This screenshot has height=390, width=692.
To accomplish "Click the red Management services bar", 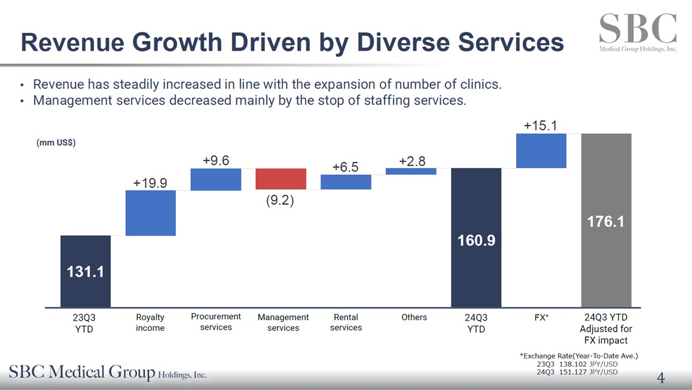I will (281, 179).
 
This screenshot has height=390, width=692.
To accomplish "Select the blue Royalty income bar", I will (150, 213).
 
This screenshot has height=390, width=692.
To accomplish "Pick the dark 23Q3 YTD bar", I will (86, 271).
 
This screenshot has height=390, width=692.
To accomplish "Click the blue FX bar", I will (541, 151).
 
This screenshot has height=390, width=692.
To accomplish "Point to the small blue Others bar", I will (411, 171).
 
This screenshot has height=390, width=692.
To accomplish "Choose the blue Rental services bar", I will (346, 182).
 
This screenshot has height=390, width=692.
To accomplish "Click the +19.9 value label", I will (150, 183).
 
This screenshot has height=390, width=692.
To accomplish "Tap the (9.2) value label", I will (280, 201).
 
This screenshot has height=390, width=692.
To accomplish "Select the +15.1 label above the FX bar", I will (541, 125).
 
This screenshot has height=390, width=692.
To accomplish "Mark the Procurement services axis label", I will (215, 322).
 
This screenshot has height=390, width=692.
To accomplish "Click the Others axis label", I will (414, 317).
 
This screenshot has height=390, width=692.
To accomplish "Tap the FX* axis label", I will (541, 318).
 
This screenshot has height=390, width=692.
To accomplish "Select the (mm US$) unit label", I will (56, 143).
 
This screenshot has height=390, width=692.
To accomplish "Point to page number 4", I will (661, 377).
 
